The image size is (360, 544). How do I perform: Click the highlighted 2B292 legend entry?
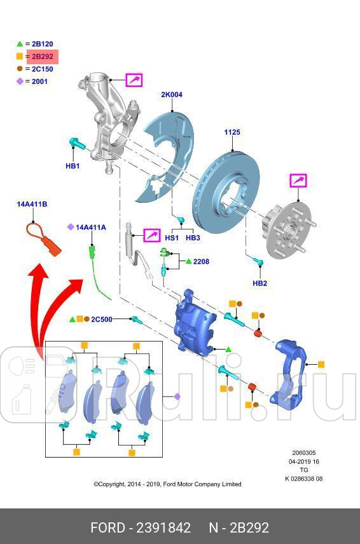(x=42, y=57)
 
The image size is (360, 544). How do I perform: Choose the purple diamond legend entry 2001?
(x=36, y=81)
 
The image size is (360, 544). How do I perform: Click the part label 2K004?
(x=171, y=95)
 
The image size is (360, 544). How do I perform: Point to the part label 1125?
(x=232, y=133)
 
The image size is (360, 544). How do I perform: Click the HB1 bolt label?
(x=73, y=166)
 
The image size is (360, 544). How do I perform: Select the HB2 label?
(x=260, y=283)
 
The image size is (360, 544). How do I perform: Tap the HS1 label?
(x=172, y=238)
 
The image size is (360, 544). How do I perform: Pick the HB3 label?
(x=193, y=238)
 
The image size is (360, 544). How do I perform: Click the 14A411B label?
(x=32, y=204)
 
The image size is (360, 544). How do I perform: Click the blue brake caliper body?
(x=194, y=324)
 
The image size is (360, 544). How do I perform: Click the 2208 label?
(x=201, y=261)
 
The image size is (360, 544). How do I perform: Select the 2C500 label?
(x=101, y=319)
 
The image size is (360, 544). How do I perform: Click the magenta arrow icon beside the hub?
(x=298, y=180)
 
